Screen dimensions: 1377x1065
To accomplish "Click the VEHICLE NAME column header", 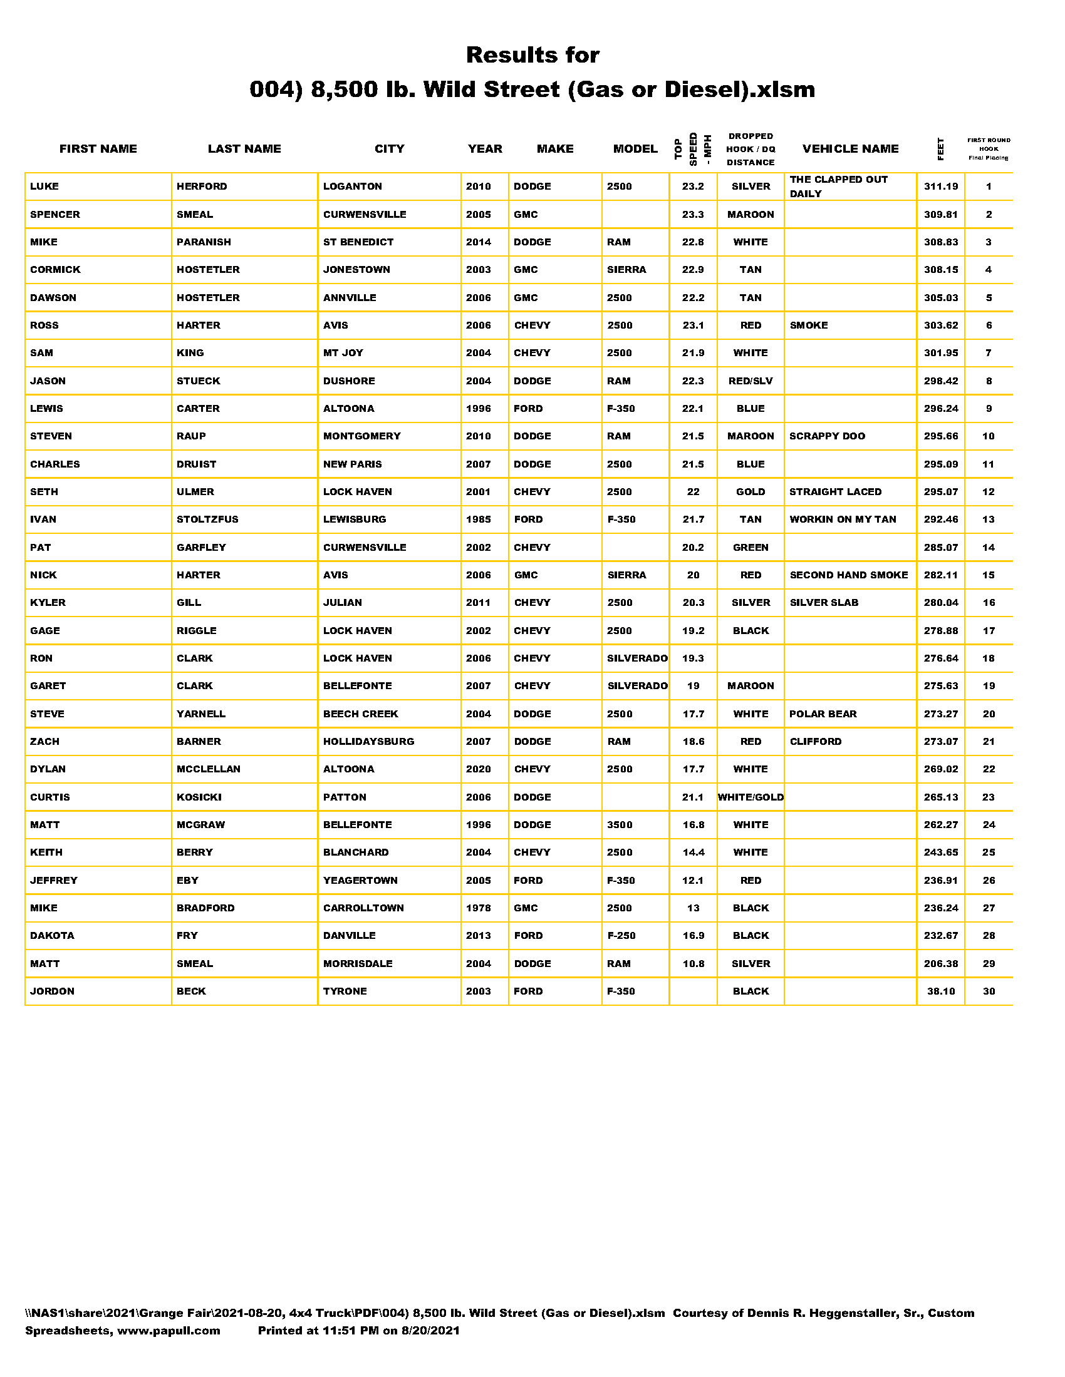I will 850,149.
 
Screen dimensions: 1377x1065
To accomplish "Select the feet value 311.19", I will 940,187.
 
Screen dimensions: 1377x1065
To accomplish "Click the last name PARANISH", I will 203,242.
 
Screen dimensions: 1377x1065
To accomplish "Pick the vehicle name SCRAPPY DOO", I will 826,436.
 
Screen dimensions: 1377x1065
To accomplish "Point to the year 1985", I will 478,520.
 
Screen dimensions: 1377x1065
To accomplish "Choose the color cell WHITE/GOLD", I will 750,797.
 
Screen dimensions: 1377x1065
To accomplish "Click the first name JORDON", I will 52,991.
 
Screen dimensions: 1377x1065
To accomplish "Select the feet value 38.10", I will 940,991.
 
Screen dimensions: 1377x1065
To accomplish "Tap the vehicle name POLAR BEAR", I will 823,714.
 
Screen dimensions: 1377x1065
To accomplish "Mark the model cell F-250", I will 621,936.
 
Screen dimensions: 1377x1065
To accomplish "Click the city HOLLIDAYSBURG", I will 368,742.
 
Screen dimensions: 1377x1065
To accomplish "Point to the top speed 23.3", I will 692,214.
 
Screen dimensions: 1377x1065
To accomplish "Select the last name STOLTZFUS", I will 207,520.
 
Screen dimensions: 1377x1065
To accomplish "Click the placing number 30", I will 988,991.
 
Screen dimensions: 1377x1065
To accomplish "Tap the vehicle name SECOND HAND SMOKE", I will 849,575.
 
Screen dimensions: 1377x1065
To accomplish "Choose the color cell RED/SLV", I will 750,381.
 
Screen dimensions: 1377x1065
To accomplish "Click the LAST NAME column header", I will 244,149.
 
